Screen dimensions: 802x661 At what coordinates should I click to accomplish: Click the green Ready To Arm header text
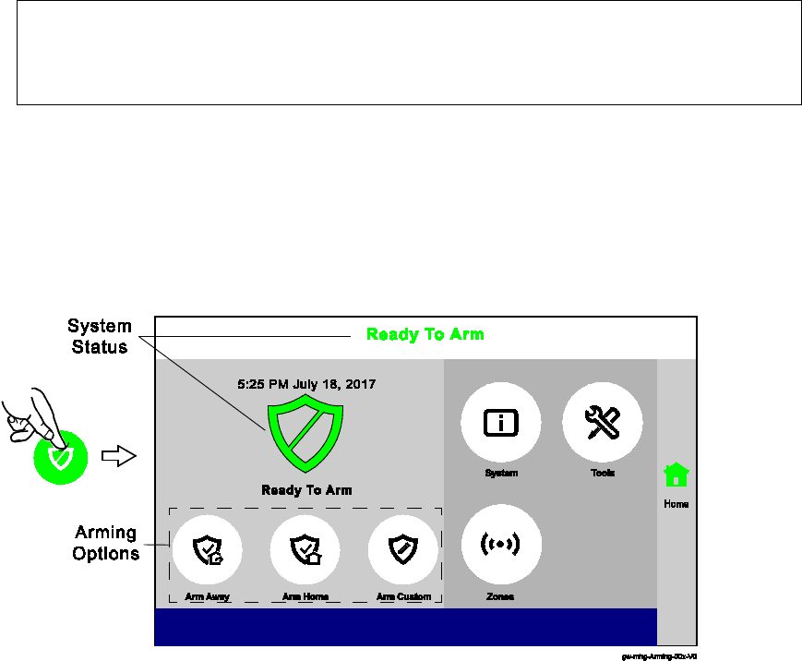tap(425, 334)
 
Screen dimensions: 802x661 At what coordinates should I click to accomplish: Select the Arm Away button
tap(207, 549)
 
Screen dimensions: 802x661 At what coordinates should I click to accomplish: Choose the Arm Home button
tap(305, 549)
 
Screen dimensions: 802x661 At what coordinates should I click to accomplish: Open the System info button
tap(501, 423)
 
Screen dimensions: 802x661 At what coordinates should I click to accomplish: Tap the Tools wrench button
tap(603, 423)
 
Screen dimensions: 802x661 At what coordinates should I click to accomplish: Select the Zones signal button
tap(501, 545)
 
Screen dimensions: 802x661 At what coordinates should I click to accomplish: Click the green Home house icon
tap(676, 475)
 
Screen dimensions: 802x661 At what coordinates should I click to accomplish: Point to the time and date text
tap(305, 383)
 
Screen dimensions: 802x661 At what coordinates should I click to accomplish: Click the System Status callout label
tap(99, 337)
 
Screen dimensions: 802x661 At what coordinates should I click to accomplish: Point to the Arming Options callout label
tap(105, 543)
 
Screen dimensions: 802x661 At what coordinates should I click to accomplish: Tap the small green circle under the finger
tap(61, 457)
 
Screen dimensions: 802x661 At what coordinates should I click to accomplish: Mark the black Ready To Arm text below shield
tap(306, 490)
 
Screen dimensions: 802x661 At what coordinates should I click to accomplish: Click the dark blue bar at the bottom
tap(405, 626)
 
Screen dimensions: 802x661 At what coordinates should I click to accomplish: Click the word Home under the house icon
tap(676, 504)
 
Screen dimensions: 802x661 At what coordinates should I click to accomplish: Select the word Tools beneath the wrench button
tap(603, 473)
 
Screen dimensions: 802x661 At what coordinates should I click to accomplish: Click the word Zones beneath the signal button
tap(500, 596)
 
